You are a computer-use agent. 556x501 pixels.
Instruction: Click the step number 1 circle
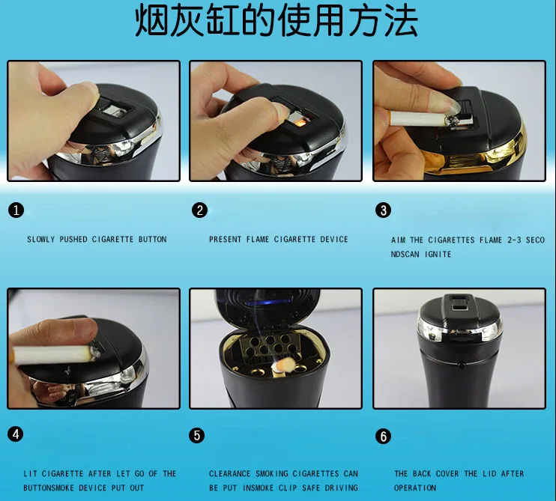tap(16, 210)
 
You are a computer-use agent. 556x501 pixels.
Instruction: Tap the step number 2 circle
tap(199, 210)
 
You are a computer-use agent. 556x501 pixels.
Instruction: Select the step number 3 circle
tap(384, 210)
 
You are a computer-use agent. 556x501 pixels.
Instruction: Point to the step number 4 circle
tap(16, 434)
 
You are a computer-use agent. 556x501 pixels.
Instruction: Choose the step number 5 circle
tap(197, 435)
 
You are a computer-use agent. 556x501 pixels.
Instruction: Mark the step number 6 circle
tap(384, 437)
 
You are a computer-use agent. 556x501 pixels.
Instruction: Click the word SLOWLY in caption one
tap(41, 240)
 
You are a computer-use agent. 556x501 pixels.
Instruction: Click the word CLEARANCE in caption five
tap(230, 474)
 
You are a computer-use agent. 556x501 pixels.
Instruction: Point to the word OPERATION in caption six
tap(415, 488)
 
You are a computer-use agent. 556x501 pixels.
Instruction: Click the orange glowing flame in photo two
tap(298, 123)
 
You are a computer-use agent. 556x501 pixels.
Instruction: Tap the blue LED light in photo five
tap(266, 303)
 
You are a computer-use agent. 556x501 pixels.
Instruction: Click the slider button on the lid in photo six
tap(460, 304)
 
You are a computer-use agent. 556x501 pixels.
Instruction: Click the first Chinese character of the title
tap(151, 21)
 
